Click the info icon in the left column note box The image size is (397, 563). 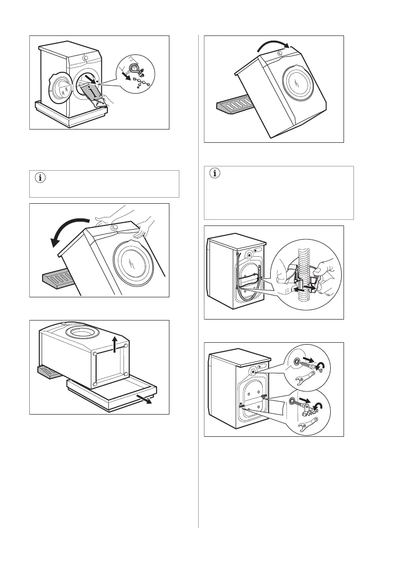39,179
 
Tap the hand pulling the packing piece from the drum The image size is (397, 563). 105,100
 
